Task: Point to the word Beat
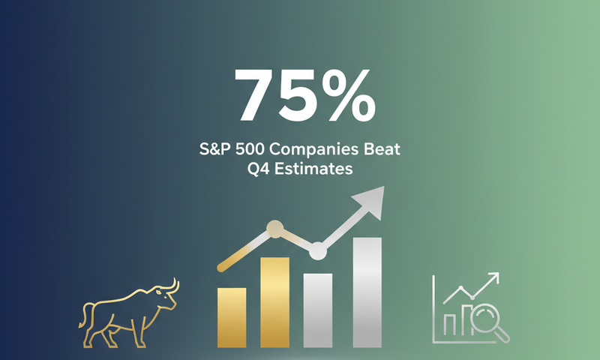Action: pyautogui.click(x=382, y=149)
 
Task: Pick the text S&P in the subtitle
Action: pyautogui.click(x=214, y=149)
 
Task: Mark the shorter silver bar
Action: pyautogui.click(x=317, y=310)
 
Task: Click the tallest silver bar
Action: pyautogui.click(x=367, y=292)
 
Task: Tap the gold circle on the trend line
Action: pyautogui.click(x=275, y=229)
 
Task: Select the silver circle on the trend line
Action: pyautogui.click(x=318, y=250)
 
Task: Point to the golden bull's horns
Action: pyautogui.click(x=172, y=286)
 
